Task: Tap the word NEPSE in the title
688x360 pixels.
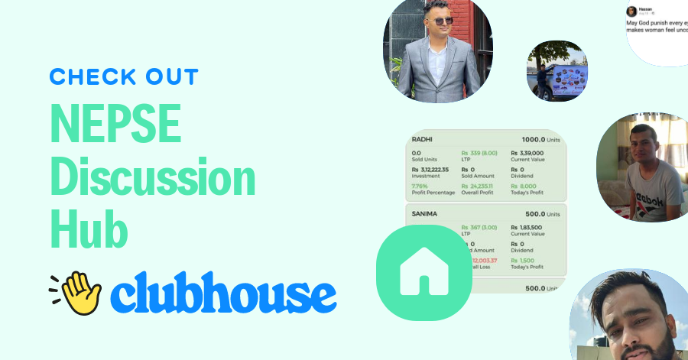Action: [115, 128]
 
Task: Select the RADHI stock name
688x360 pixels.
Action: [423, 139]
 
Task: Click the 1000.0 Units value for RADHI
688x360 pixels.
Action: [540, 139]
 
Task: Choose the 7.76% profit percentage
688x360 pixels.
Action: [420, 185]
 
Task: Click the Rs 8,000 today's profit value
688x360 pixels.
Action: [525, 185]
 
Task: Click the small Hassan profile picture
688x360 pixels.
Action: [631, 11]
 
